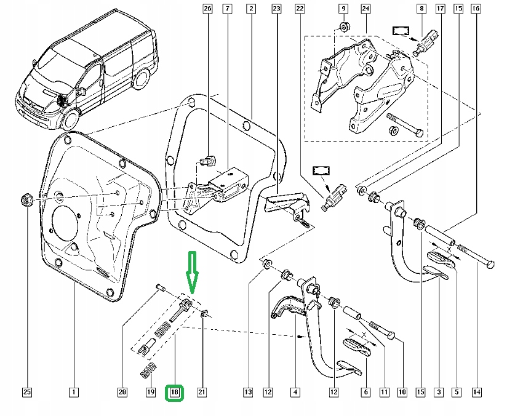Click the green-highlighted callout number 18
click(x=174, y=393)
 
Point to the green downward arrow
click(x=192, y=273)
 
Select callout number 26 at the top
click(x=207, y=9)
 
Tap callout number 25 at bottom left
click(x=27, y=393)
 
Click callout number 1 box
click(x=74, y=393)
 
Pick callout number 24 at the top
click(x=365, y=9)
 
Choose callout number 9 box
click(x=344, y=9)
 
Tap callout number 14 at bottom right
click(x=477, y=393)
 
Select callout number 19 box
click(x=151, y=393)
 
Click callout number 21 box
click(x=202, y=393)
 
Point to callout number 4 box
click(x=295, y=393)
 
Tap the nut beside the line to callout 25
click(x=26, y=200)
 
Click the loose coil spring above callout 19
click(x=149, y=370)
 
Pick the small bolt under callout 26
click(x=209, y=160)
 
